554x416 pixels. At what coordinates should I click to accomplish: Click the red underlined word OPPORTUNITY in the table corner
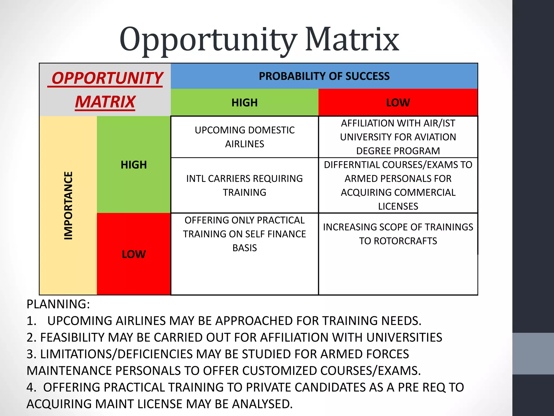[x=107, y=78]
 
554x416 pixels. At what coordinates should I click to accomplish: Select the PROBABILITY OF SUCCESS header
[x=324, y=76]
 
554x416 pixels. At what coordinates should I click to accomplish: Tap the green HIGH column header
[x=245, y=103]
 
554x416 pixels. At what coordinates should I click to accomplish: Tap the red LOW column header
[x=398, y=103]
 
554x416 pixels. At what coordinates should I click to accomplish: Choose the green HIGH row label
[x=134, y=165]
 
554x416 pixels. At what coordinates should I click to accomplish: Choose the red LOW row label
[x=134, y=254]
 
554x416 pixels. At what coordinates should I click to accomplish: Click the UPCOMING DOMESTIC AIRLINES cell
[x=245, y=137]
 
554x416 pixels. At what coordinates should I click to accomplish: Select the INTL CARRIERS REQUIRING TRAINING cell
[x=245, y=185]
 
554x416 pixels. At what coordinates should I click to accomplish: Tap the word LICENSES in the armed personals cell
[x=398, y=206]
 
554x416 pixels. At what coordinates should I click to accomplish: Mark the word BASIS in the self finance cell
[x=245, y=248]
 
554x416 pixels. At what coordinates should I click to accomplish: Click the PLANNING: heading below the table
[x=58, y=304]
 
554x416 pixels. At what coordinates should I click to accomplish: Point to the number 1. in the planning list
[x=31, y=321]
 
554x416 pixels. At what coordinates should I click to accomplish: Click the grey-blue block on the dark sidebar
[x=533, y=353]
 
